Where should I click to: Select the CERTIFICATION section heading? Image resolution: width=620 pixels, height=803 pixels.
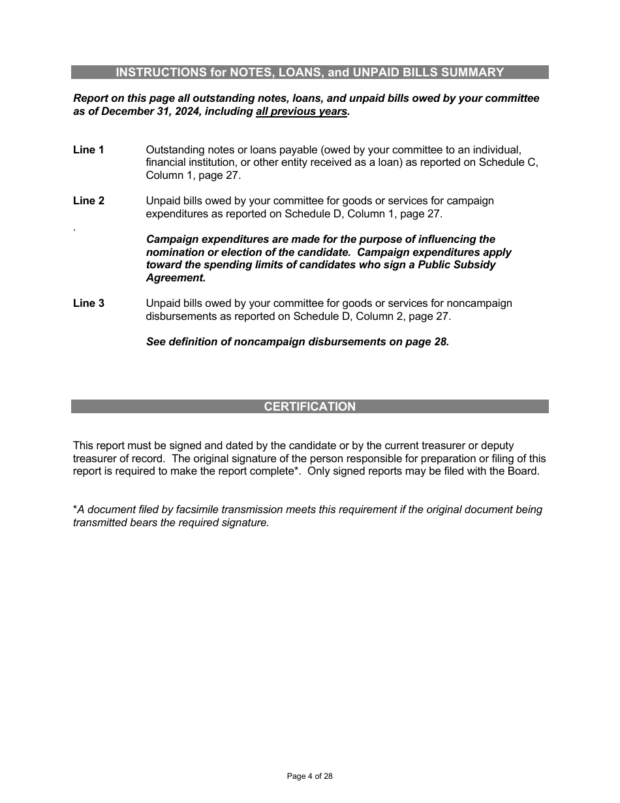(x=310, y=407)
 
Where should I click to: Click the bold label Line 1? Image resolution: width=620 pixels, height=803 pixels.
(x=89, y=150)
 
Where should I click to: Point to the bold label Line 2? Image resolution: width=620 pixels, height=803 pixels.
(x=89, y=200)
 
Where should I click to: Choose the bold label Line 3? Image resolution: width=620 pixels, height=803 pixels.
(x=89, y=303)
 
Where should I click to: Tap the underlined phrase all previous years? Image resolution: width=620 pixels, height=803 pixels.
(x=302, y=112)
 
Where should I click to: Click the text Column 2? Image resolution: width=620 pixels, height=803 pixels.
(x=371, y=316)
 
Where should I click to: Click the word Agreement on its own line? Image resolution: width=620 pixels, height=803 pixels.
(x=176, y=277)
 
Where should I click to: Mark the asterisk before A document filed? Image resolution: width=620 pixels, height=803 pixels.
(x=75, y=509)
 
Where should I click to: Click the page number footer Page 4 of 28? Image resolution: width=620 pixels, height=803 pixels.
(x=310, y=776)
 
